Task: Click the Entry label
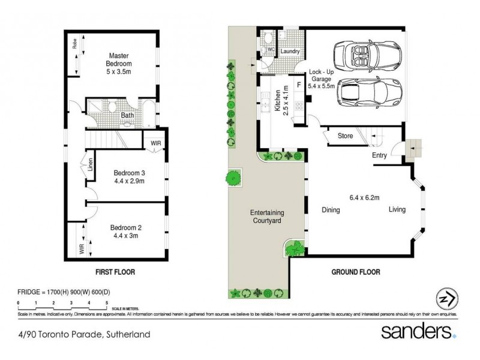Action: point(379,157)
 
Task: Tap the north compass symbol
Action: point(444,299)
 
